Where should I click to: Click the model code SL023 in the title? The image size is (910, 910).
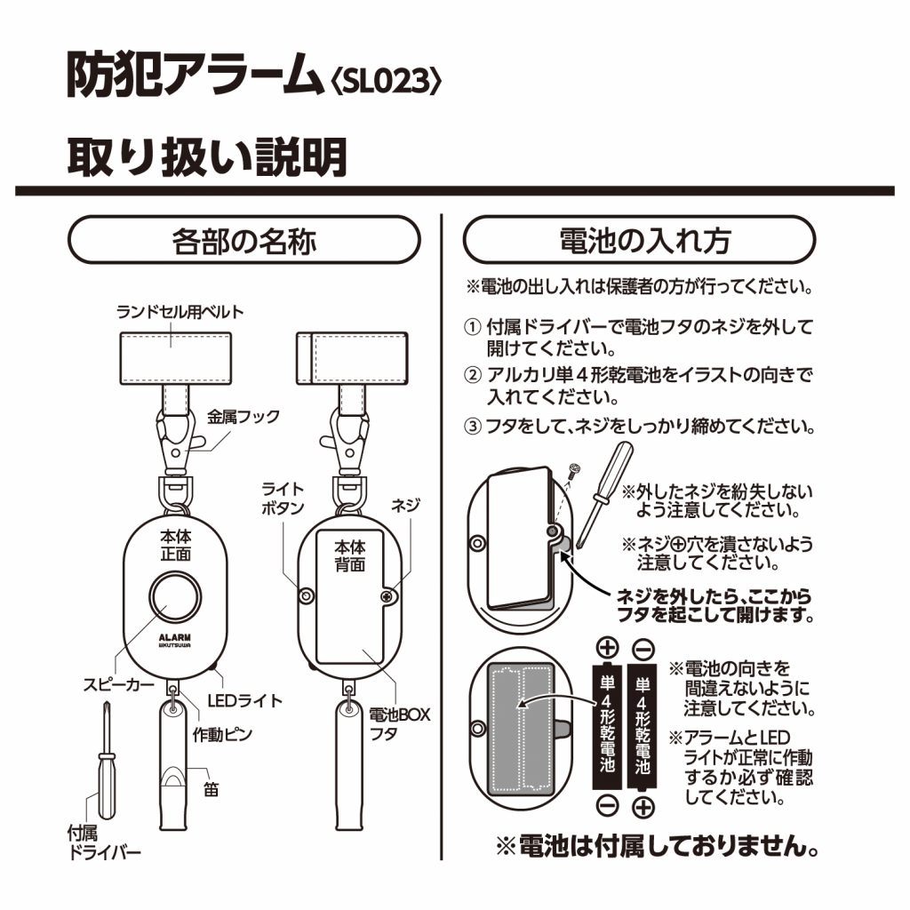tap(385, 82)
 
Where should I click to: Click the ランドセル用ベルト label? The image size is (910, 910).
tap(180, 312)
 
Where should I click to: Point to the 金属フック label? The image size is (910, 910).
tap(243, 416)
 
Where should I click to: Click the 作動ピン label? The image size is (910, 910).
tap(223, 735)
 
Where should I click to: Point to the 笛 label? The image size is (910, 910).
tap(211, 788)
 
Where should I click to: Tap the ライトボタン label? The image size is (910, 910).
tap(283, 499)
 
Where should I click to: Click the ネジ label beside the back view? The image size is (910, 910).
tap(405, 504)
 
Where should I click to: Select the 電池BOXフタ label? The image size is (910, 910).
tap(401, 723)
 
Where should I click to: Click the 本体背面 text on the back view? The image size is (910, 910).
tap(349, 555)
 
